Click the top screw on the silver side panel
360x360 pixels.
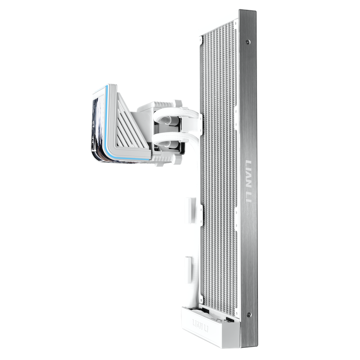pyautogui.click(x=247, y=42)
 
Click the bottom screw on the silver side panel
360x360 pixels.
pyautogui.click(x=249, y=314)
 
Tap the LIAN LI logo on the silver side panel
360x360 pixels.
pyautogui.click(x=249, y=181)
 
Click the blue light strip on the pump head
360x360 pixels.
pyautogui.click(x=108, y=129)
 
